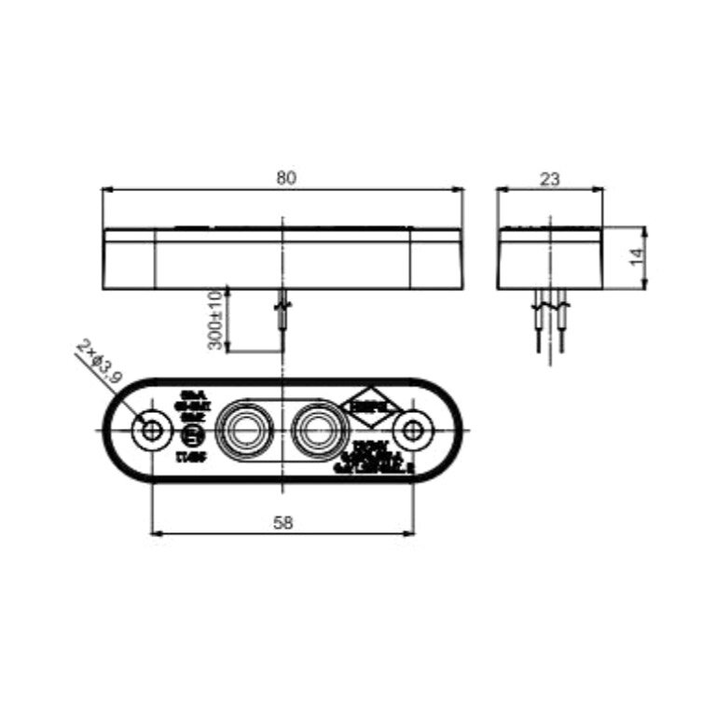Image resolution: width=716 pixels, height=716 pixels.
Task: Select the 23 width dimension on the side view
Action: point(549,179)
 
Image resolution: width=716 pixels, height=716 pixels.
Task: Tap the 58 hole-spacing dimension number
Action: point(283,523)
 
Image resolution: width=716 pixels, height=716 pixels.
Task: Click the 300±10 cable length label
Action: point(215,320)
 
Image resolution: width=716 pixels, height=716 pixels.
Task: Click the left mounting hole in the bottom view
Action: point(150,431)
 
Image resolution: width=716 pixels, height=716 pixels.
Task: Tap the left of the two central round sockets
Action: point(244,430)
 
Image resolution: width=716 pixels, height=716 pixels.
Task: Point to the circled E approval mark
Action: point(192,436)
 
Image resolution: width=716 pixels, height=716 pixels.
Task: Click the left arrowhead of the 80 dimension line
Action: point(105,189)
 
